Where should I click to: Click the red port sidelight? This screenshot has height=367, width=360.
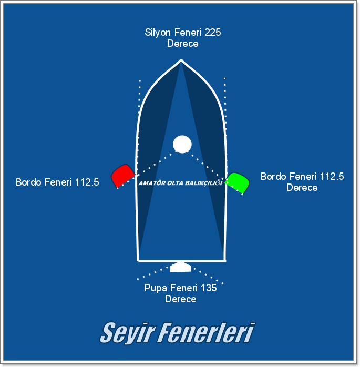122,176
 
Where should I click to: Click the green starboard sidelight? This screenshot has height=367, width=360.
238,182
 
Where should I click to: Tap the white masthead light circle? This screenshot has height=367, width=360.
182,144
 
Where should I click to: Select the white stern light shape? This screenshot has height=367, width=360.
180,267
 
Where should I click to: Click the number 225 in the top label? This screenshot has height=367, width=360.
212,33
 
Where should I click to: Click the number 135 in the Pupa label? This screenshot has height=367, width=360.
208,288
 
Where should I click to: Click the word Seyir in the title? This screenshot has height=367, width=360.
127,332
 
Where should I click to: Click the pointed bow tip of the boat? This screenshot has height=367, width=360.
181,60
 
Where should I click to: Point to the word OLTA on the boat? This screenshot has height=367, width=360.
176,183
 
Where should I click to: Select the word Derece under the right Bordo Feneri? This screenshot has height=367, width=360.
302,187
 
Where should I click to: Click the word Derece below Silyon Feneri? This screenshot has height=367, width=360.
182,44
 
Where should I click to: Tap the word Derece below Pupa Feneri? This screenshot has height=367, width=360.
180,299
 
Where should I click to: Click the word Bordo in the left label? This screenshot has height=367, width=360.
29,183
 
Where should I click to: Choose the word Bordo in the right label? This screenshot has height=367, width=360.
274,177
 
